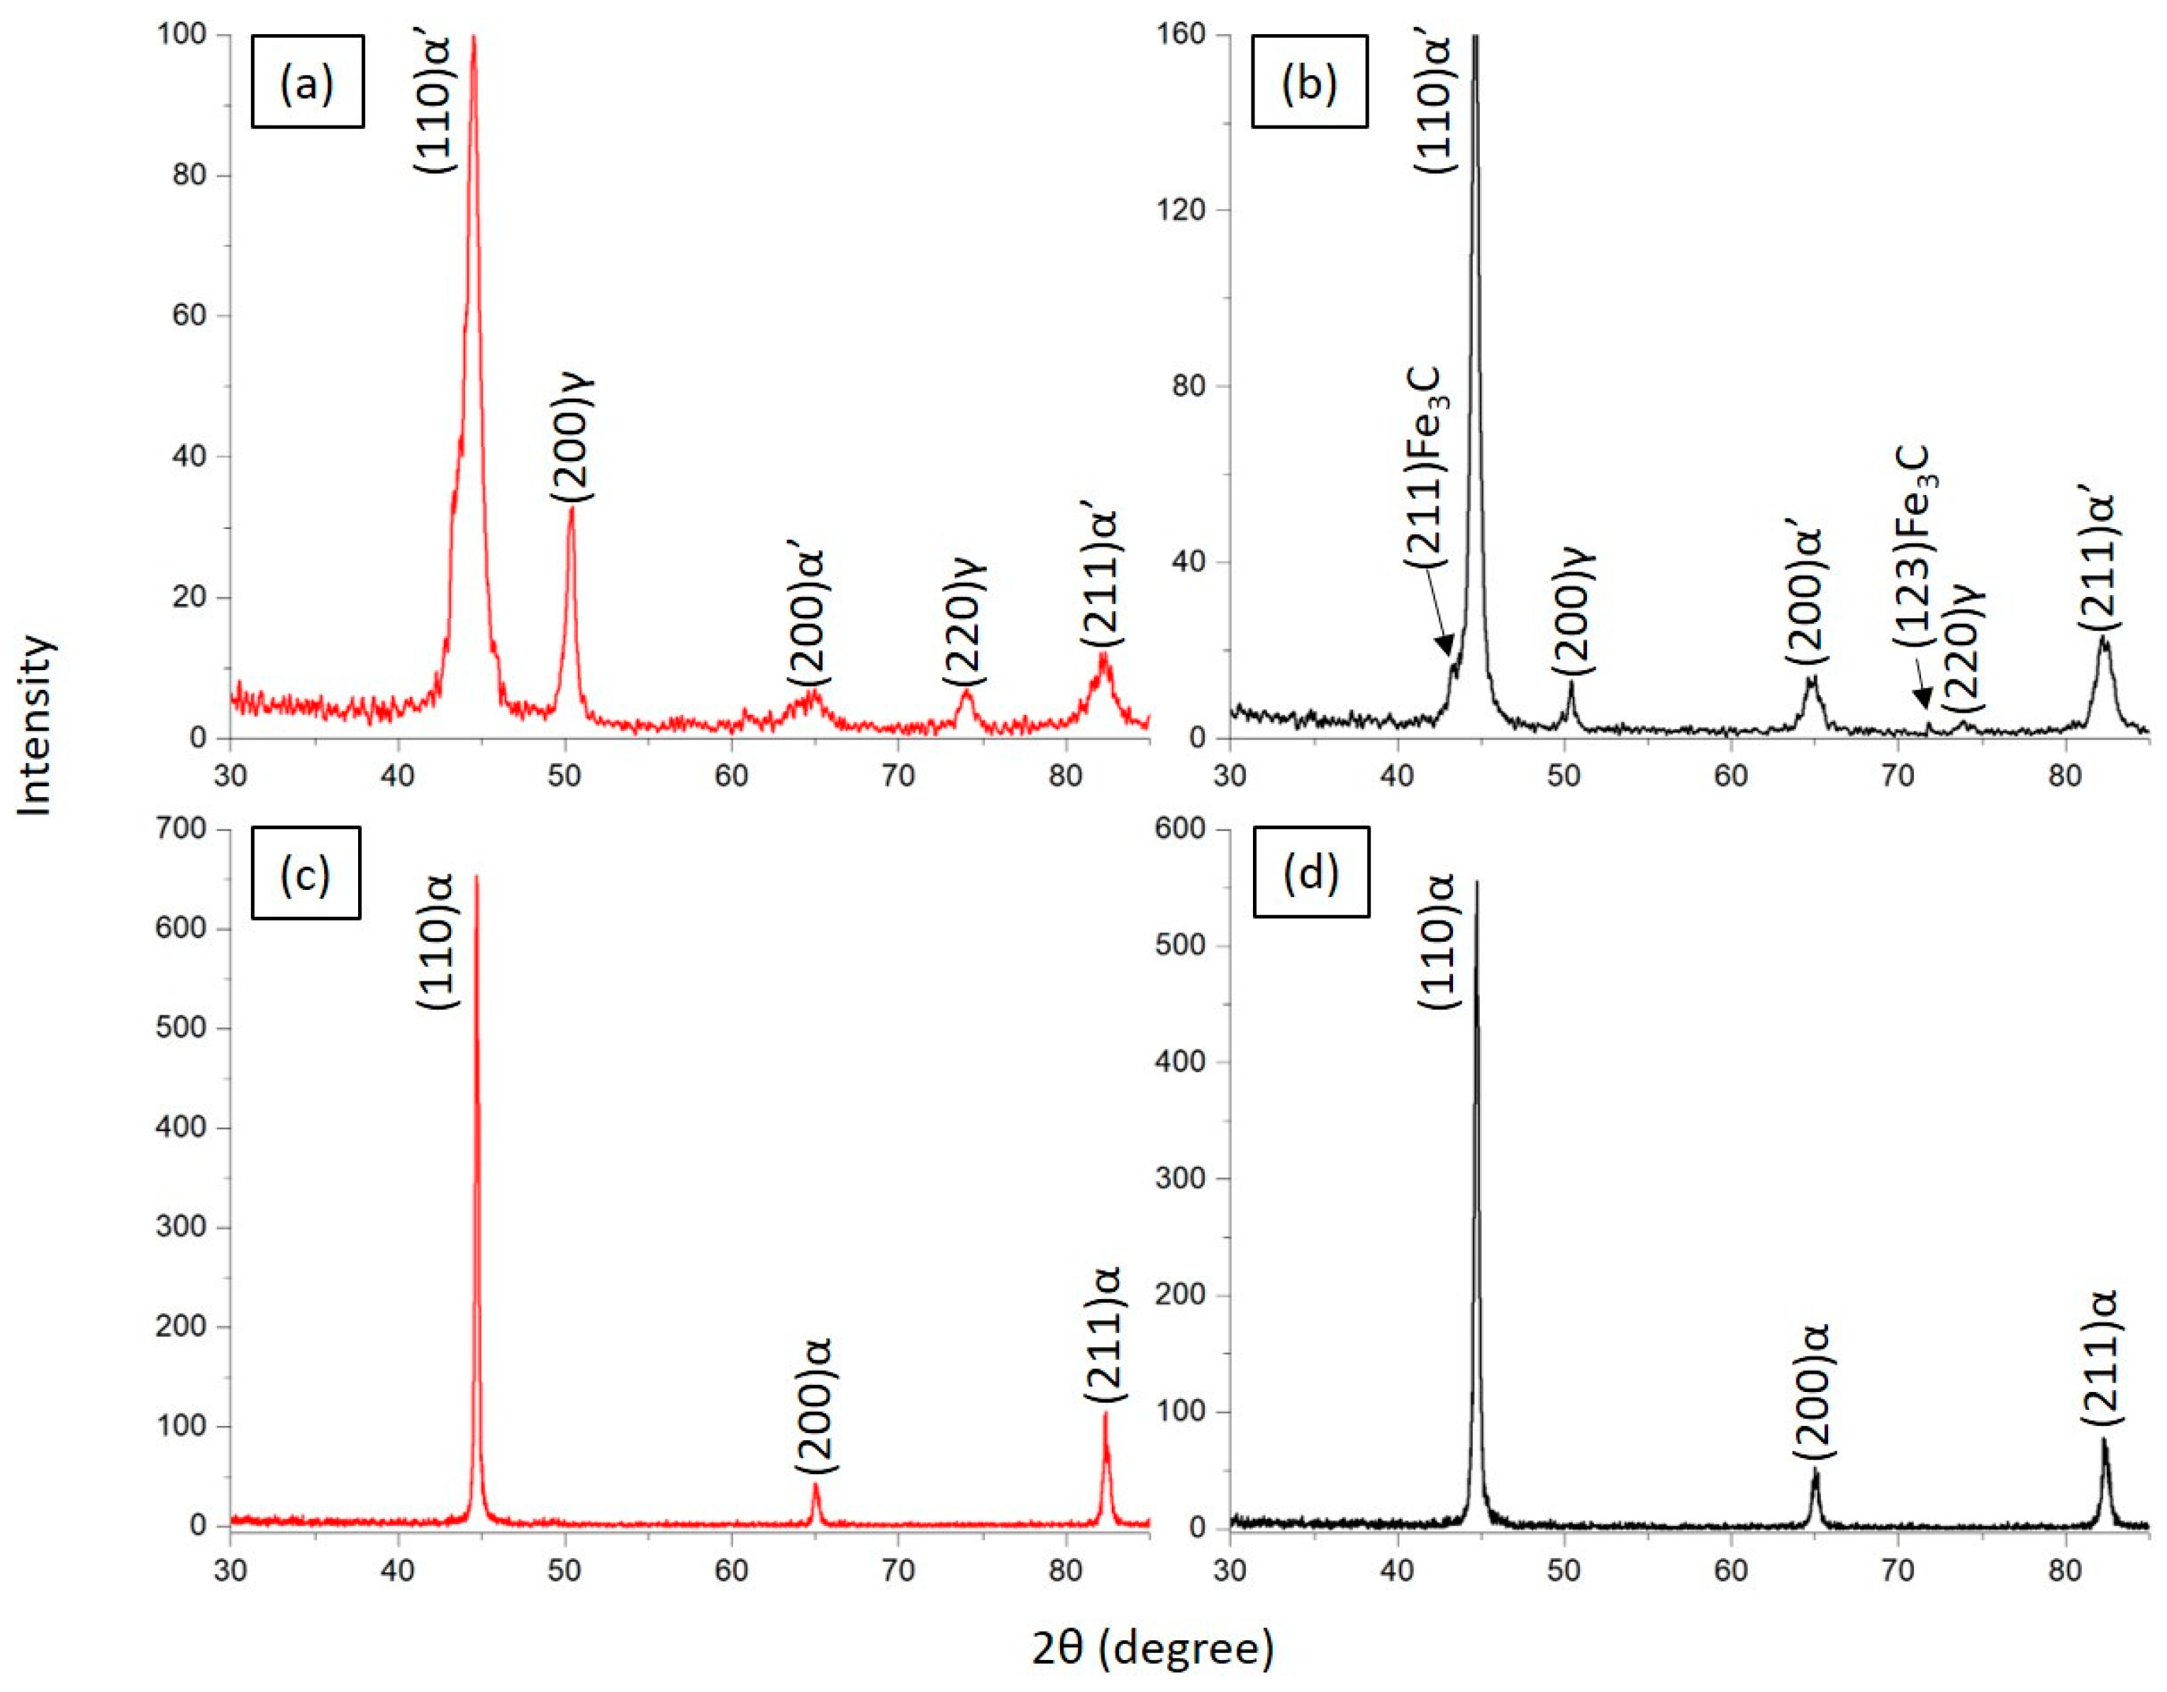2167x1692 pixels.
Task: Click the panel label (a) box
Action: [x=308, y=82]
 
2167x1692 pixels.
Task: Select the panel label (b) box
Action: [x=1309, y=82]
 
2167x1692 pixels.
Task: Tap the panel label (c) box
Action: [x=306, y=873]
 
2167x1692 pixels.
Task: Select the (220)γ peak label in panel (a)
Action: [x=964, y=622]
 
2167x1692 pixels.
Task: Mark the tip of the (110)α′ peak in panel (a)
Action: [x=473, y=37]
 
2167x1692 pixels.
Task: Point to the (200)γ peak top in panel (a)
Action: [x=571, y=507]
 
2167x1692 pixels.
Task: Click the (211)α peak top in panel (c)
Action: [x=1104, y=1413]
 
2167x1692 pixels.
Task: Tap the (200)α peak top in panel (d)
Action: [x=1816, y=1471]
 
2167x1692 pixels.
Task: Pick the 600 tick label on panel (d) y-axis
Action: [x=1182, y=829]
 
